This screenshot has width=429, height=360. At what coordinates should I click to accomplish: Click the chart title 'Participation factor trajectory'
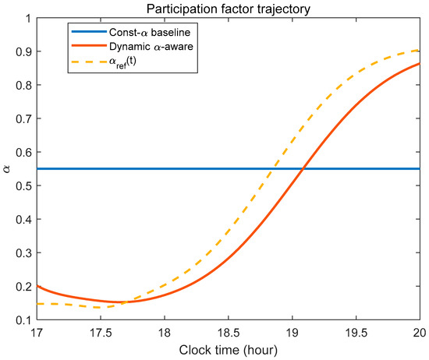pos(229,9)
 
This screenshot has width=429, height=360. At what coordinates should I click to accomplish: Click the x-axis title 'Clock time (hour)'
pos(229,350)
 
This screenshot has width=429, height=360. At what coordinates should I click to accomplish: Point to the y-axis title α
pos(6,169)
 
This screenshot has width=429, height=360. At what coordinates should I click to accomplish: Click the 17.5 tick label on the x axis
pos(101,333)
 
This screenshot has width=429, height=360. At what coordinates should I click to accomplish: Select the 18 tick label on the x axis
pos(165,333)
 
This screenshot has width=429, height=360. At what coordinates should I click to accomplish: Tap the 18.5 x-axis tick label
pos(229,333)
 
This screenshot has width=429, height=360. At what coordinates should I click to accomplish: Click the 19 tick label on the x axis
pos(292,333)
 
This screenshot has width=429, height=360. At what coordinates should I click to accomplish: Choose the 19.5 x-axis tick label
pos(356,333)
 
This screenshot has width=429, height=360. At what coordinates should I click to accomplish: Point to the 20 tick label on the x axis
pos(420,333)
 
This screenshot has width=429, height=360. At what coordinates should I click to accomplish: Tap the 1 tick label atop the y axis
pos(27,18)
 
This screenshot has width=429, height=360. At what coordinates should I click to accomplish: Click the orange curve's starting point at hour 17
pos(37,286)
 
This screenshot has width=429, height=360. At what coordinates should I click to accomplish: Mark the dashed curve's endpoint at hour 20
pos(419,50)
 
